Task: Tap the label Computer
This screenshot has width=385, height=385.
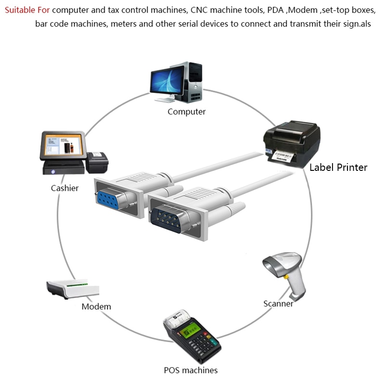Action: coord(186,112)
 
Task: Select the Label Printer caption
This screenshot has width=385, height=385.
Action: coord(338,167)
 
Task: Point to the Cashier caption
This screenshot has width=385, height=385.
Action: coord(64,188)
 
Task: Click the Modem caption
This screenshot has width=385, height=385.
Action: coord(96,307)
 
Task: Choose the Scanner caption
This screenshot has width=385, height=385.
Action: coord(278,304)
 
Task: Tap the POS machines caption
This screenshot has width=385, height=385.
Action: coord(191,370)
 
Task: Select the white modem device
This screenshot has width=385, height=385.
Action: coord(72,289)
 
